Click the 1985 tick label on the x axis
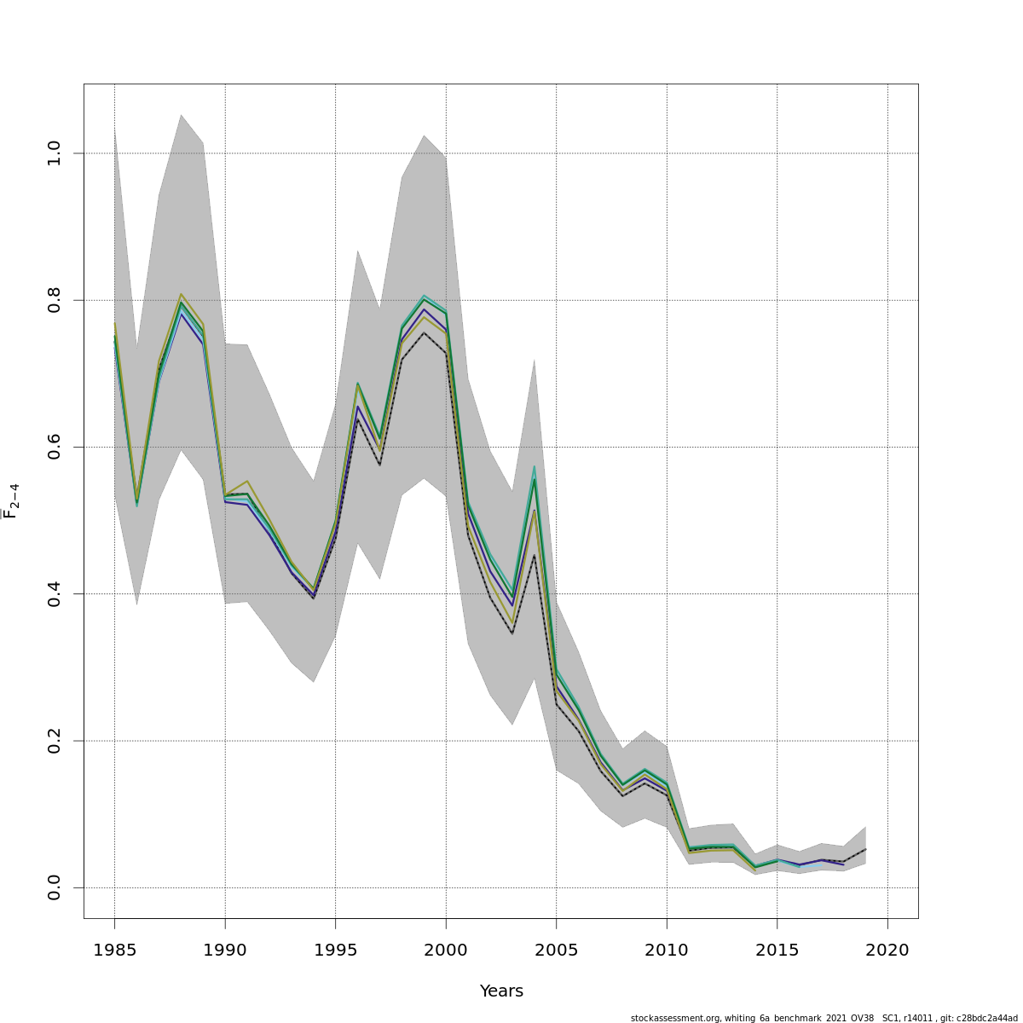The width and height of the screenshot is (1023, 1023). pyautogui.click(x=114, y=949)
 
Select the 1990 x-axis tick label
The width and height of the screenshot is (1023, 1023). pyautogui.click(x=225, y=949)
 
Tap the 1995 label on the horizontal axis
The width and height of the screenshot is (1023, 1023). pyautogui.click(x=335, y=949)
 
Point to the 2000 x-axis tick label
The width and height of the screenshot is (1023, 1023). pyautogui.click(x=446, y=949)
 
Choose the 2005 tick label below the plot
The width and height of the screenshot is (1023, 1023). pyautogui.click(x=556, y=949)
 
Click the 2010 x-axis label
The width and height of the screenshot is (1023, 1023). pyautogui.click(x=667, y=949)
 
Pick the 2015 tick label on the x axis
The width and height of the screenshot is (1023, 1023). pyautogui.click(x=777, y=949)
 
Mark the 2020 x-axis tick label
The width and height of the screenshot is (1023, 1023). pyautogui.click(x=887, y=949)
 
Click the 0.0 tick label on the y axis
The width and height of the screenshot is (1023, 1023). pyautogui.click(x=55, y=887)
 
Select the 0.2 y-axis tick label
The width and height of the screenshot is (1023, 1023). pyautogui.click(x=55, y=741)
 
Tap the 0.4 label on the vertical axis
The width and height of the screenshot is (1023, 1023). pyautogui.click(x=55, y=593)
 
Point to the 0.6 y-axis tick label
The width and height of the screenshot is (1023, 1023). pyautogui.click(x=55, y=447)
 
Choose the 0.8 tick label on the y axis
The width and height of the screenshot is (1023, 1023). pyautogui.click(x=55, y=300)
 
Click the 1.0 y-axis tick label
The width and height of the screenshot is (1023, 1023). pyautogui.click(x=55, y=153)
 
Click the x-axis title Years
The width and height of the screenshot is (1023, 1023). pyautogui.click(x=501, y=991)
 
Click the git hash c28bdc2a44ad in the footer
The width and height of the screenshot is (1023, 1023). pyautogui.click(x=986, y=1018)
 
